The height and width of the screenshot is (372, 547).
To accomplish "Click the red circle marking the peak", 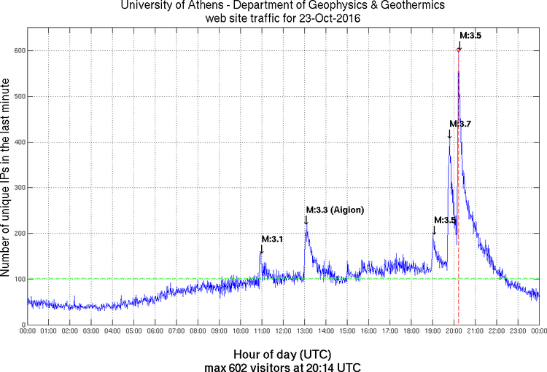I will (x=458, y=50).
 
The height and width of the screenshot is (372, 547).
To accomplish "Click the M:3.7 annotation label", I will (x=460, y=124).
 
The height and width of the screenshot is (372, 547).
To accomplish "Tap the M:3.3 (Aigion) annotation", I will (x=335, y=210).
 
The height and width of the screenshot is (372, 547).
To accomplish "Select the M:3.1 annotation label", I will (x=273, y=239).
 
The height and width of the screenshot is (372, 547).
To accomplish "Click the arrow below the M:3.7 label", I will (x=449, y=133).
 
